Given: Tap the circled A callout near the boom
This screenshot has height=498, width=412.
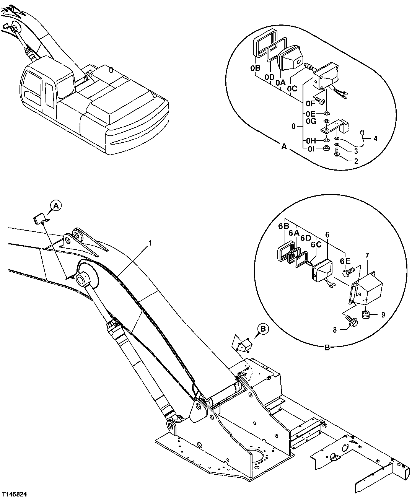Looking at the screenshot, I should click(x=56, y=206).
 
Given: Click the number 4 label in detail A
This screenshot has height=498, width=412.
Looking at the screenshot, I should click(x=375, y=138).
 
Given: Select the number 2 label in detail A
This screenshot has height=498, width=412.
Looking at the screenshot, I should click(x=356, y=161).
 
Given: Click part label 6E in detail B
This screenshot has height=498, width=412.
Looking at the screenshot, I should click(x=345, y=261).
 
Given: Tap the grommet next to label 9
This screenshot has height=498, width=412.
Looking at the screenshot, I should click(x=365, y=315).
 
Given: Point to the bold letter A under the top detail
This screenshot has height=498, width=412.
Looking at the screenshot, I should click(x=283, y=146).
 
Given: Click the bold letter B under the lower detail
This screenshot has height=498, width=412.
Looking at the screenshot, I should click(x=327, y=348).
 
